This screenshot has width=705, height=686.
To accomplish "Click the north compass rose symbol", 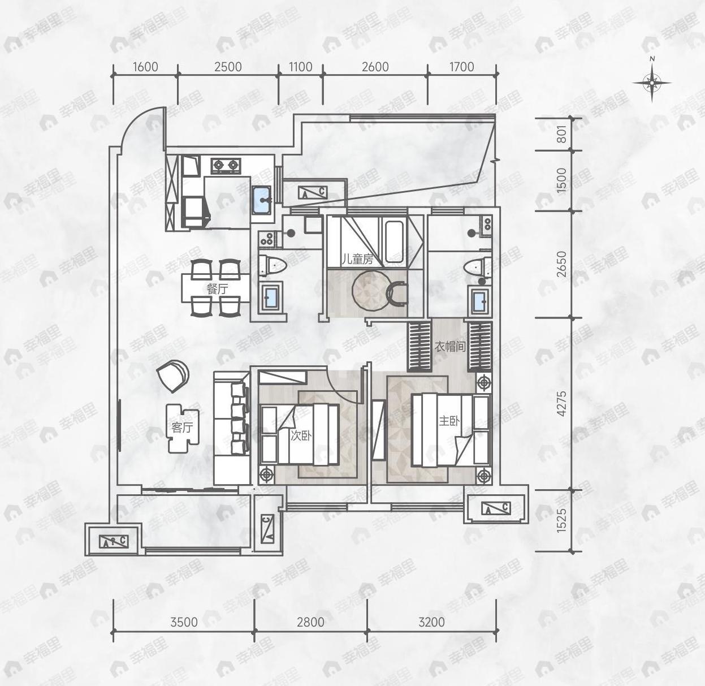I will coord(652,83).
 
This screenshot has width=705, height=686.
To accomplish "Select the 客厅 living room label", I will coord(182,428).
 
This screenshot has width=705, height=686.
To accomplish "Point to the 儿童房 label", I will coord(357,260).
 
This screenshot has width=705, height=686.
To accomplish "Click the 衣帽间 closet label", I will coord(449,346).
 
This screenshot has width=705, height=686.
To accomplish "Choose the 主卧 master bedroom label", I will coord(449,421).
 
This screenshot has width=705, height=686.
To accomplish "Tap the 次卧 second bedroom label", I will coord(301,435).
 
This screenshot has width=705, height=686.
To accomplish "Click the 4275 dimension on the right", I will coord(561,404).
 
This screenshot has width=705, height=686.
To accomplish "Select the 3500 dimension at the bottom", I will coord(184,622).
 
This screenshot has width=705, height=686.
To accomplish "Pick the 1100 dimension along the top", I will coord(300,67).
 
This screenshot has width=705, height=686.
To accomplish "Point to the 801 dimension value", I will coord(561,134).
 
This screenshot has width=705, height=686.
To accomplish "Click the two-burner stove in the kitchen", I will coord(226,166).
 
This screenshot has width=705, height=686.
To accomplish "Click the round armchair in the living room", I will coord(172,374).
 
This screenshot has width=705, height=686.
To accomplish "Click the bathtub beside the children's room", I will coord(394,241).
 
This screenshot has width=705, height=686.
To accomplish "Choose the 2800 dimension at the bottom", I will coord(310,622).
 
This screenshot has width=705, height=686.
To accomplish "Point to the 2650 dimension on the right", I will coord(561,264).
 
